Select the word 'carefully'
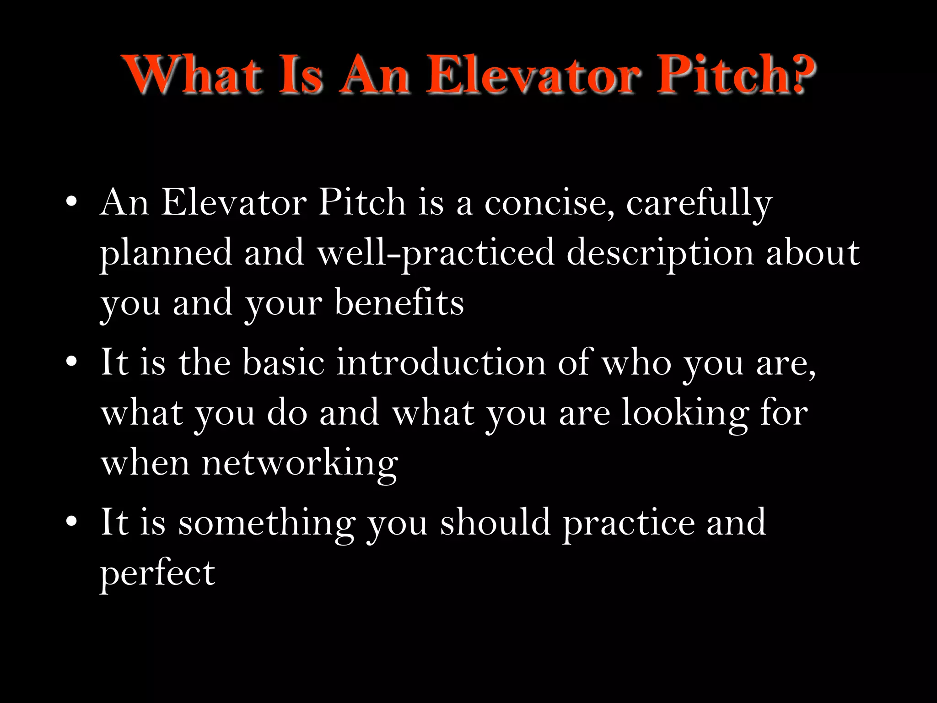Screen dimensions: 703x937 coord(699,202)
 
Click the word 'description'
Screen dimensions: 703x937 coord(659,253)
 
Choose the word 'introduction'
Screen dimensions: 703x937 coord(441,362)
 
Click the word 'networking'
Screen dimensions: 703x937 coord(299,463)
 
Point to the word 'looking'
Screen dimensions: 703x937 coord(684,413)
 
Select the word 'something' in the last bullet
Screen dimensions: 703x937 coord(267,522)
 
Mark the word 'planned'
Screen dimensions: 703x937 coord(166,253)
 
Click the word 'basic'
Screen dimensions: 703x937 coord(283,362)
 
